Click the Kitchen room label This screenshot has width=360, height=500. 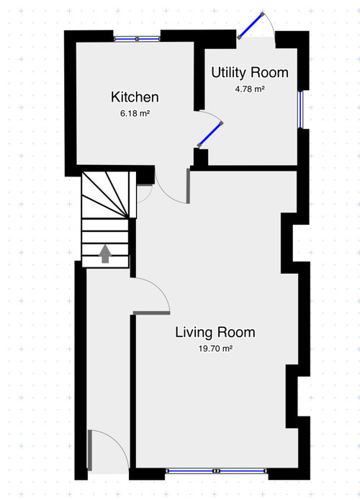[135, 97]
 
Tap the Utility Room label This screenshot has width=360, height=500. [249, 73]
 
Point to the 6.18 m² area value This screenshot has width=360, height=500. [135, 114]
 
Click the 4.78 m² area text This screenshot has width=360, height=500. [249, 89]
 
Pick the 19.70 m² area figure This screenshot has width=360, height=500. [216, 348]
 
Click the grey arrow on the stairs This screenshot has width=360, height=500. [105, 253]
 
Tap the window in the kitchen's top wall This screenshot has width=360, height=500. [137, 39]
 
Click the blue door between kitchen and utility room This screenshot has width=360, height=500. [209, 134]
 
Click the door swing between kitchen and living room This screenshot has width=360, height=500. [173, 187]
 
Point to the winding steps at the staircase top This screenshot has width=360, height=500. [107, 195]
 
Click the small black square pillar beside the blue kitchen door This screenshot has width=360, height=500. [200, 158]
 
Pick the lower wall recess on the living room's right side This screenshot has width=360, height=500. [292, 392]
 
